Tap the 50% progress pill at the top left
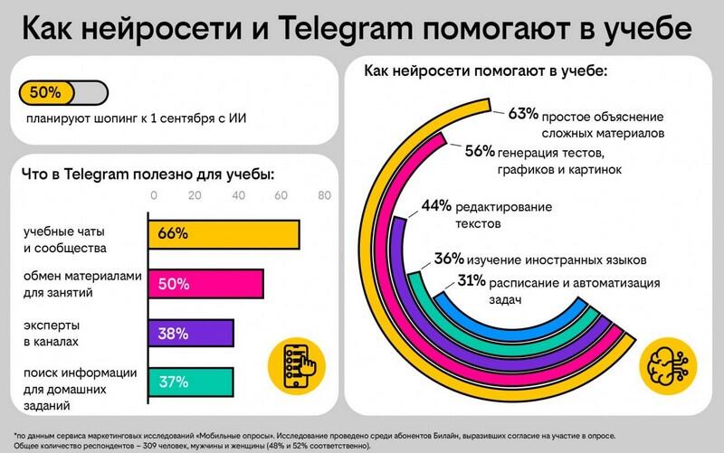61,92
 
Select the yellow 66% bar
224,233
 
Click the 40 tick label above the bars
238,196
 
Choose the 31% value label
470,282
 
